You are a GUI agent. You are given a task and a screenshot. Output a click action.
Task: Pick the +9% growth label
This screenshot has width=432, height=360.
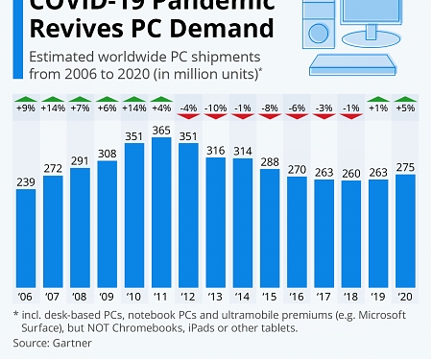[x=26, y=108]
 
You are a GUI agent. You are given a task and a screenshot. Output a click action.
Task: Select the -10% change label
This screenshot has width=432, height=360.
[x=216, y=108]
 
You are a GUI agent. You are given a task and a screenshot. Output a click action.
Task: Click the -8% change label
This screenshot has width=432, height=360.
[x=271, y=108]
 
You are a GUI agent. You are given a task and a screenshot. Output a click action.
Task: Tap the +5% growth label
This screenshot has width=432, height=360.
[x=404, y=108]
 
